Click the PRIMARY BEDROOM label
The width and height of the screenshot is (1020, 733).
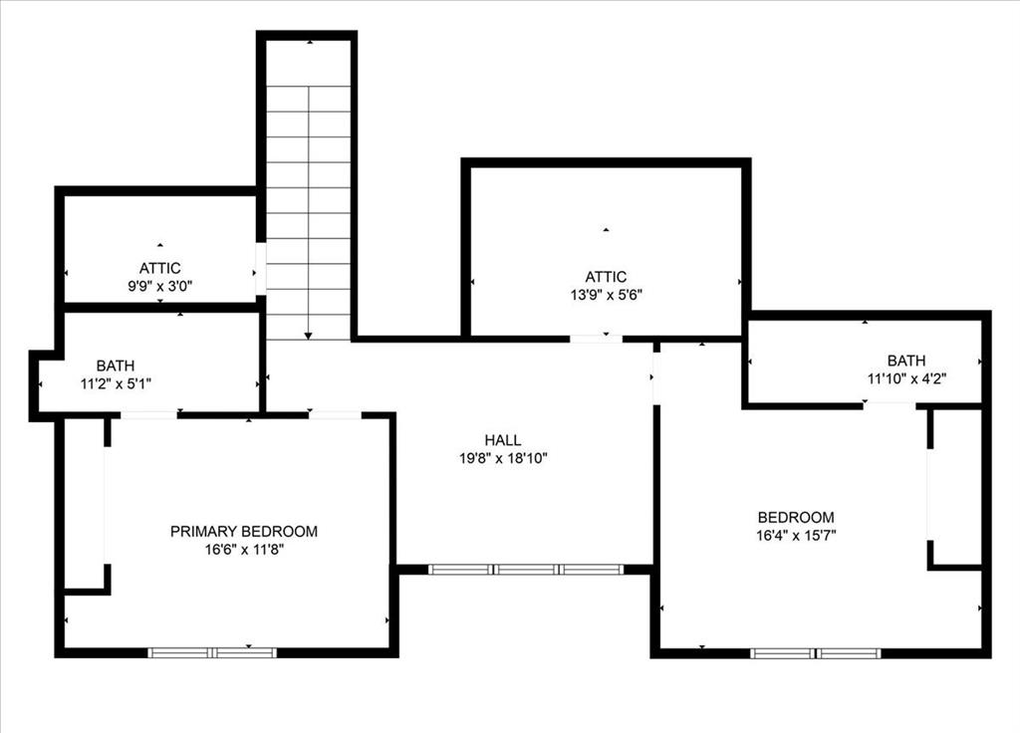[244, 531]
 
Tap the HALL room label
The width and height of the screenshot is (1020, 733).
[503, 440]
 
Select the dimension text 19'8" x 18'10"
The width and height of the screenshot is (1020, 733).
[503, 458]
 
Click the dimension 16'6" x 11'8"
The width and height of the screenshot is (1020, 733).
[244, 549]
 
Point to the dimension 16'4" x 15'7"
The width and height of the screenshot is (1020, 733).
[796, 535]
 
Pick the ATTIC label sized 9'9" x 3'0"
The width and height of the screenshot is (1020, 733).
[159, 268]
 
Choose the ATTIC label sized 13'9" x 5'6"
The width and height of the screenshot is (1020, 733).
[606, 277]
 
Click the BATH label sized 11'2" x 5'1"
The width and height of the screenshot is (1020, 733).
[116, 366]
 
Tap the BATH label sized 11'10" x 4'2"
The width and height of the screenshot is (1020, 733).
[906, 361]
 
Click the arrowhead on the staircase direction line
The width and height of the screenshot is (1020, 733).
[309, 336]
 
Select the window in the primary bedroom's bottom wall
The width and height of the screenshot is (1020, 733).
[212, 652]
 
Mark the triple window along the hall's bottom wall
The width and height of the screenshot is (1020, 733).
[526, 570]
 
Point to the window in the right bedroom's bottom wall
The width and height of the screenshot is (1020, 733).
[815, 653]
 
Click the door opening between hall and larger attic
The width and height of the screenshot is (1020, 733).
[596, 339]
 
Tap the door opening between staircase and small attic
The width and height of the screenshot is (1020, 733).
[260, 269]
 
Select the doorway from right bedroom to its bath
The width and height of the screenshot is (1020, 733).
[889, 405]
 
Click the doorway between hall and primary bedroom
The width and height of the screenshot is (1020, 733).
[335, 414]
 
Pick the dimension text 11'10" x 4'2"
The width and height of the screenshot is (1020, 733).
[906, 378]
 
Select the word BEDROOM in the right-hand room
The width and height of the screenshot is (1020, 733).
[796, 517]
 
